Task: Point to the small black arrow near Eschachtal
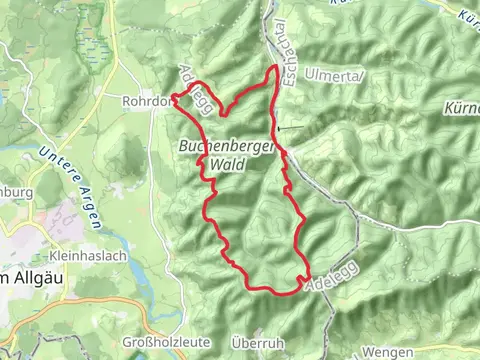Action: click(x=288, y=128)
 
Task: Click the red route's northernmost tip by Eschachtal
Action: click(x=276, y=66)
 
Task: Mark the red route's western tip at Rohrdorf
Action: click(x=174, y=96)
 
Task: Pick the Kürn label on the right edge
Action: click(x=462, y=107)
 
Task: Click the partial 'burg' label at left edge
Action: click(x=16, y=191)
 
